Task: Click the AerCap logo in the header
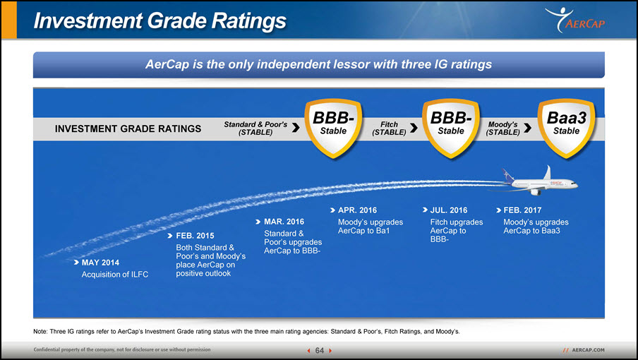(x=575, y=20)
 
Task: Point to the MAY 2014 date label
(x=100, y=263)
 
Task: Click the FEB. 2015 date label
(x=195, y=236)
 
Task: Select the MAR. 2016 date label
(x=284, y=222)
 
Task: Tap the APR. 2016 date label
(x=357, y=210)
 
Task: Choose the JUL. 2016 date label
(x=449, y=210)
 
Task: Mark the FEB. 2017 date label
(x=522, y=210)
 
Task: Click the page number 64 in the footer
(x=320, y=351)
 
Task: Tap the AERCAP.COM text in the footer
(x=588, y=350)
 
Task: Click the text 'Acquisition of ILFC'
(x=115, y=275)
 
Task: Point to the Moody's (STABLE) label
(x=503, y=128)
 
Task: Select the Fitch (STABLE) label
(x=389, y=128)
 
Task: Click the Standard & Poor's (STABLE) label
(x=255, y=128)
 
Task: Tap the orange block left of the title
(x=9, y=20)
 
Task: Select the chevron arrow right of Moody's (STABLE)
(x=528, y=128)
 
